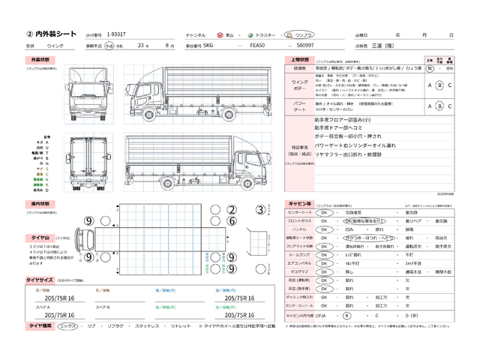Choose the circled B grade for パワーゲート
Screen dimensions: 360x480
[439, 106]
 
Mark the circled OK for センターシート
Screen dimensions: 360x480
[325, 212]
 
